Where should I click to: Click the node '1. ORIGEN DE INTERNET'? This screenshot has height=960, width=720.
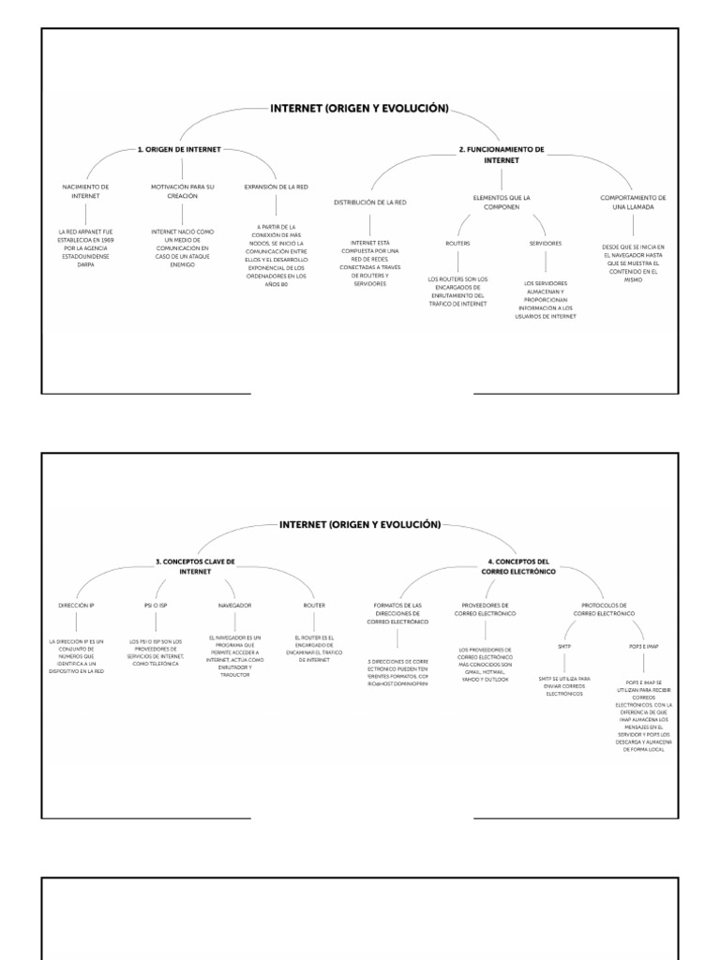tap(180, 149)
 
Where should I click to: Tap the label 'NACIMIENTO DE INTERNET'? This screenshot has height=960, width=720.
tap(86, 192)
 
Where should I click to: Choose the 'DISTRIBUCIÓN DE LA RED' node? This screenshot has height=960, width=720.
tap(370, 202)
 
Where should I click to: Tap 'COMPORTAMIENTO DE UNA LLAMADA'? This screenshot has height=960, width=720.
tap(634, 202)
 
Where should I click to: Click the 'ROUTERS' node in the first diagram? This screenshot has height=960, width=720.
tap(458, 243)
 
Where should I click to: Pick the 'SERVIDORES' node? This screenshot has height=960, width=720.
tap(545, 243)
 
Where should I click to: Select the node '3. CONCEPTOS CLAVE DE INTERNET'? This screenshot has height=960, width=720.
tap(195, 565)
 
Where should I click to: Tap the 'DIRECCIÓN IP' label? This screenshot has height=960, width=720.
tap(76, 606)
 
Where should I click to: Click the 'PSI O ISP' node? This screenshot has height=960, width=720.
tap(156, 606)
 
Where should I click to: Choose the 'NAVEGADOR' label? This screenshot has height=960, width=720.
tap(234, 606)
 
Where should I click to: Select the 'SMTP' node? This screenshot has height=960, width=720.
tap(564, 646)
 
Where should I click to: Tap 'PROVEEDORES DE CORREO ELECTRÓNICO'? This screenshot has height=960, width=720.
tap(485, 609)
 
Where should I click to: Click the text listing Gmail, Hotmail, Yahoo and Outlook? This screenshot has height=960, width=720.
tap(485, 664)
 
